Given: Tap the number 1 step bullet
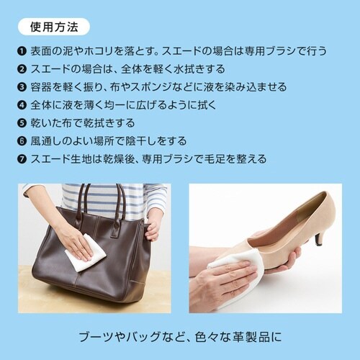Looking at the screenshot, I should (22, 52).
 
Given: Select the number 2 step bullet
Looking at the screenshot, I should (22, 70).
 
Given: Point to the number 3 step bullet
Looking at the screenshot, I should (22, 87).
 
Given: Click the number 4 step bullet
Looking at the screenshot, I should (22, 105).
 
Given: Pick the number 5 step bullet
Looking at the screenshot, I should (22, 122).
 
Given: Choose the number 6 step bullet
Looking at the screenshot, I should (22, 140).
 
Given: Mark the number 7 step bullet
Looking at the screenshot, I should (22, 158).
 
